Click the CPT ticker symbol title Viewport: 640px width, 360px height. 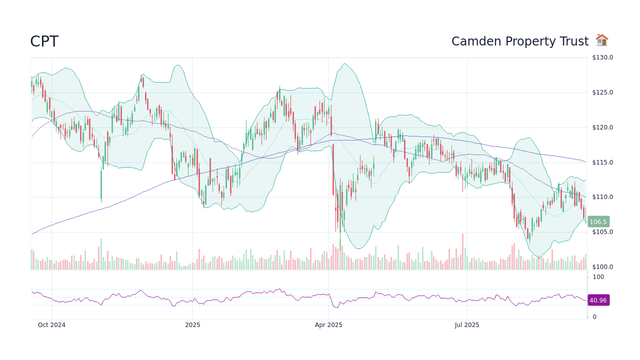[x=44, y=41]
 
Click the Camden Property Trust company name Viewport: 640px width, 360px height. [x=519, y=41]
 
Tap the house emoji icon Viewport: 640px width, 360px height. [x=601, y=40]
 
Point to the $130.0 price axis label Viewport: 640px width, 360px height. [x=602, y=57]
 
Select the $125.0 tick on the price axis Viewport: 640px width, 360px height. [x=602, y=92]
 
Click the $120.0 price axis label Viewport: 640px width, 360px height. [x=602, y=127]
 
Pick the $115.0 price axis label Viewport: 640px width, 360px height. [x=602, y=162]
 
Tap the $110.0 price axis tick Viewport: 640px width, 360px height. [x=602, y=197]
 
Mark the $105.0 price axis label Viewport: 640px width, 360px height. [x=602, y=232]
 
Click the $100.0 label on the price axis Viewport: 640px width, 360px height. [x=602, y=267]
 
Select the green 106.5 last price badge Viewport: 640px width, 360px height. [x=598, y=221]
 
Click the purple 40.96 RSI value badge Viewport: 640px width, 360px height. [x=598, y=300]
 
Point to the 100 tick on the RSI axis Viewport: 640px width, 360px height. [x=598, y=277]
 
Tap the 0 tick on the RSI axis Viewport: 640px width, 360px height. [x=594, y=317]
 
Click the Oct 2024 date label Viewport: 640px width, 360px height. [x=51, y=325]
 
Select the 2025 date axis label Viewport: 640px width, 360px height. [x=192, y=325]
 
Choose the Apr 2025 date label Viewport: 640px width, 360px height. [x=328, y=325]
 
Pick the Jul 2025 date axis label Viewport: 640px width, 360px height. [x=467, y=325]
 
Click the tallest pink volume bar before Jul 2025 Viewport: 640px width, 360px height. [x=462, y=252]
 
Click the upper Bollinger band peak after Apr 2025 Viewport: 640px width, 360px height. [x=344, y=64]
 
